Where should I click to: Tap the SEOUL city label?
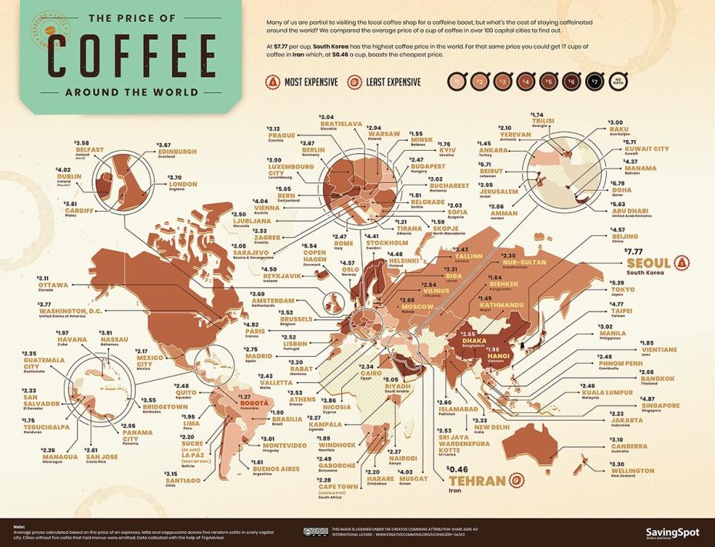coord(647,262)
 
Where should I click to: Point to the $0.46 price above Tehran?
coord(459,468)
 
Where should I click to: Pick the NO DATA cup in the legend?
coord(615,82)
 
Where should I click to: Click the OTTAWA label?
coord(53,285)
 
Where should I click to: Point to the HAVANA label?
coord(73,339)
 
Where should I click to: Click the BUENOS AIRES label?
coord(275,469)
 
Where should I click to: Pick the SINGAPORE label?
coord(638,405)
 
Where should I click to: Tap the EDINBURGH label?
coord(178,152)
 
